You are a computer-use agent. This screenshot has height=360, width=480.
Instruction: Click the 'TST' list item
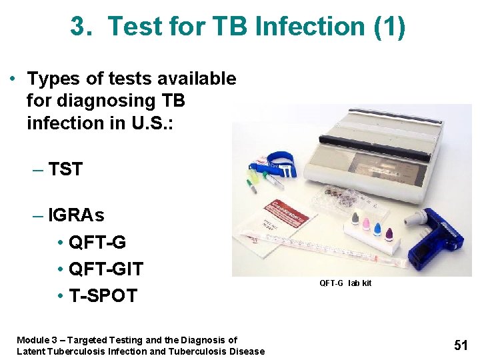pos(65,169)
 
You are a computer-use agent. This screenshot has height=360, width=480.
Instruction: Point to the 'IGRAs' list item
pos(76,216)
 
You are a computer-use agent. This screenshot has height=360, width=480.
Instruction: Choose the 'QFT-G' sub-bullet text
pos(97,243)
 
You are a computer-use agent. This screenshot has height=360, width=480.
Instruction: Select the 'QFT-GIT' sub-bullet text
pos(106,269)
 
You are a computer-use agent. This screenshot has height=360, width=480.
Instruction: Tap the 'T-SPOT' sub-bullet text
pos(103,295)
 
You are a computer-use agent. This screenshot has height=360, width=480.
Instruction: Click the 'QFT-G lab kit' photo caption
pos(345,283)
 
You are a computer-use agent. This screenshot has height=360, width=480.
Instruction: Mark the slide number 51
pos(461,345)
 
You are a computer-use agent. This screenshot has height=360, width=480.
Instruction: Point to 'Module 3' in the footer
pos(39,340)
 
